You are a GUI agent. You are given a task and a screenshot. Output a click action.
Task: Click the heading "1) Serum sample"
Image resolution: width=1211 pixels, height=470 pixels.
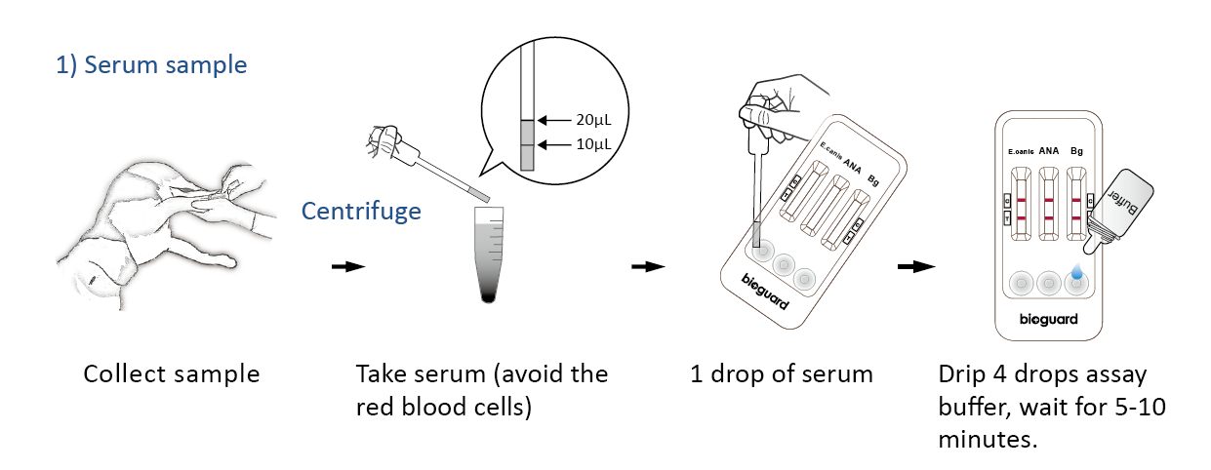coord(151,65)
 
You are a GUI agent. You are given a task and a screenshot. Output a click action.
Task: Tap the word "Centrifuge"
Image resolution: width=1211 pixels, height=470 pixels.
coord(361,212)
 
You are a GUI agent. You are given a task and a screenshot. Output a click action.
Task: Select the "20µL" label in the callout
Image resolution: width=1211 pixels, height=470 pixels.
coord(593,120)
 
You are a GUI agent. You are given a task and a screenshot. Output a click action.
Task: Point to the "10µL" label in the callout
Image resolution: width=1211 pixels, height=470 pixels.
coord(593,144)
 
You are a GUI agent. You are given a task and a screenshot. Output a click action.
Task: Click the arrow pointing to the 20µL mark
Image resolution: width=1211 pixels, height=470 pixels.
coord(554,120)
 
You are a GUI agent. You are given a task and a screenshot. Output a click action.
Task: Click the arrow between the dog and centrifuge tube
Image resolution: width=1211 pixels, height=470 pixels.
coord(348,266)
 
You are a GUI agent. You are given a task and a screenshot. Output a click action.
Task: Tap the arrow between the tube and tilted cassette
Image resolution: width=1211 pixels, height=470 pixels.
coord(648,266)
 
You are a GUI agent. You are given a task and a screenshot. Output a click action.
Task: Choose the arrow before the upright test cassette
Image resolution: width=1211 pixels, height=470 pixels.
coord(916,266)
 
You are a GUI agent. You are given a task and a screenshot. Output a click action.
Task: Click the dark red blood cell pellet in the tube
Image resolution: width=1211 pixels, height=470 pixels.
coord(488,296)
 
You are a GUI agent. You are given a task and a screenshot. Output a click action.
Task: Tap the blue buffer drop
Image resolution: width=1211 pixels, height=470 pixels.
coord(1077,271)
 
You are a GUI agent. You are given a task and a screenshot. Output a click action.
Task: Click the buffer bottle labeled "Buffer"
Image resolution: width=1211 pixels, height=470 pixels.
coord(1119,212)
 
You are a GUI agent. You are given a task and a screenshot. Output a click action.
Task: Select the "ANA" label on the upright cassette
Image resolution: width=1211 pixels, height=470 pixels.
coord(1049,151)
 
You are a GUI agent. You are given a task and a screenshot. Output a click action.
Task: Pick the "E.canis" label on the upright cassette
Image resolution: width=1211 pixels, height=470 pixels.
coord(1021,152)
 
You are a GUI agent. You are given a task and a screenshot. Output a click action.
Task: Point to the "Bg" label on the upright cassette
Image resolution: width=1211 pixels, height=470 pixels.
coord(1076,151)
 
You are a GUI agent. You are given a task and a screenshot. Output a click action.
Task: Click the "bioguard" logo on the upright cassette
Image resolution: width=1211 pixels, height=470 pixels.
coord(1048,319)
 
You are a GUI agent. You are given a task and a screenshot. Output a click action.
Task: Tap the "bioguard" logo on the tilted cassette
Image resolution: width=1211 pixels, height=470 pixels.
coord(764,292)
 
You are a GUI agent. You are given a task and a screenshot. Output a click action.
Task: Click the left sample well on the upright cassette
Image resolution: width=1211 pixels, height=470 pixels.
coord(1022,283)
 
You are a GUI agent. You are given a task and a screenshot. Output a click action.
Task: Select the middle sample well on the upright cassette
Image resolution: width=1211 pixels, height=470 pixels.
coord(1049,283)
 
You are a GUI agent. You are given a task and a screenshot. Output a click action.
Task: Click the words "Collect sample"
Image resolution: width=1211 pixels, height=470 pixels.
coord(172,373)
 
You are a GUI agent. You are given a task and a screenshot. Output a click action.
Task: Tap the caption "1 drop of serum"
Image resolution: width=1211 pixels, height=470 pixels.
coord(782,373)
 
